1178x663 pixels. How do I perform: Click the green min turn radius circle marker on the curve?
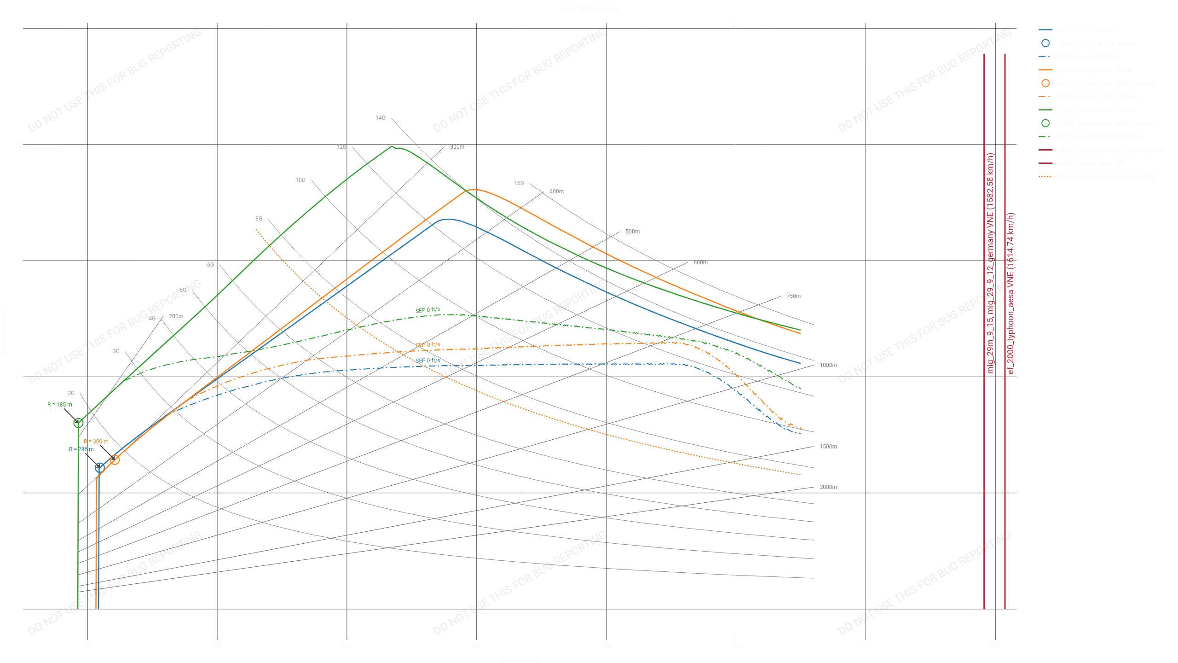(x=78, y=423)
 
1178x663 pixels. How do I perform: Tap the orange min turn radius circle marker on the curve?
(x=115, y=459)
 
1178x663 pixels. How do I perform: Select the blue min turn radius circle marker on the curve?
(x=99, y=468)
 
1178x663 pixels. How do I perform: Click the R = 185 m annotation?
(x=59, y=405)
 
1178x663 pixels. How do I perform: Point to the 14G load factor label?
(x=380, y=118)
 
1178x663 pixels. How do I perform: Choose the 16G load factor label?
(x=519, y=183)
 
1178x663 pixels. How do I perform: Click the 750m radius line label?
(x=793, y=296)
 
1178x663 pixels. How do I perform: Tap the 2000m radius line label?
(x=828, y=487)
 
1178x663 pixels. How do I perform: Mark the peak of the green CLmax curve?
(x=392, y=146)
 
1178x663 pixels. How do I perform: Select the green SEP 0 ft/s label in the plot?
(x=427, y=310)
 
